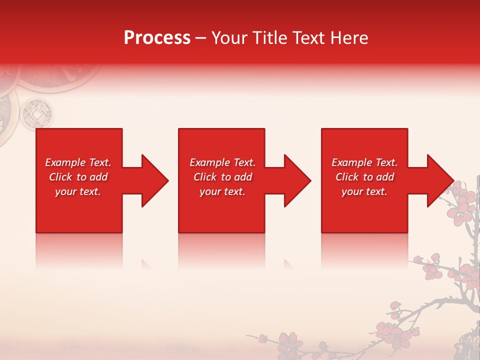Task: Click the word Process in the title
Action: (x=157, y=38)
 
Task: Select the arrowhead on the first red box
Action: (x=153, y=180)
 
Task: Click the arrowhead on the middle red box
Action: (x=295, y=180)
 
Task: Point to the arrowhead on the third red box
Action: (x=438, y=180)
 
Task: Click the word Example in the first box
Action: (x=65, y=162)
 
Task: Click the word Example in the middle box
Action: (x=209, y=162)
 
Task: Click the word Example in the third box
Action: (x=351, y=162)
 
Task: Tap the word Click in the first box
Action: (x=61, y=177)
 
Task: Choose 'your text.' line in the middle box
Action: (x=222, y=191)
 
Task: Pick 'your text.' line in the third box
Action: (x=364, y=191)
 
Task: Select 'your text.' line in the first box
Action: (x=77, y=191)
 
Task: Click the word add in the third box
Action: (x=385, y=177)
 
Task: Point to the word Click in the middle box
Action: (x=205, y=177)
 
